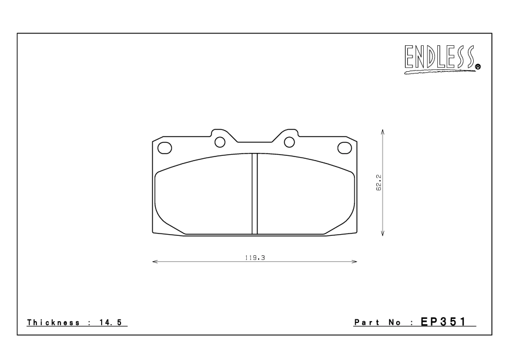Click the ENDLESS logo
tap(440, 59)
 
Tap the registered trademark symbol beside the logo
tap(477, 67)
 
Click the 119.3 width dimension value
tap(254, 257)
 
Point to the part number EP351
tap(446, 322)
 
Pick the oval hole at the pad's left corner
tap(166, 147)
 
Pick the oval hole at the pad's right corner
tap(344, 147)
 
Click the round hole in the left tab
tap(220, 142)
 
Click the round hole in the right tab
tap(289, 142)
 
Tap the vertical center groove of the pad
tap(254, 194)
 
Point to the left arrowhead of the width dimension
tap(154, 262)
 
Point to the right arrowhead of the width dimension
tap(356, 262)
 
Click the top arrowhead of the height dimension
tap(383, 132)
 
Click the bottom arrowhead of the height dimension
tap(383, 234)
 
